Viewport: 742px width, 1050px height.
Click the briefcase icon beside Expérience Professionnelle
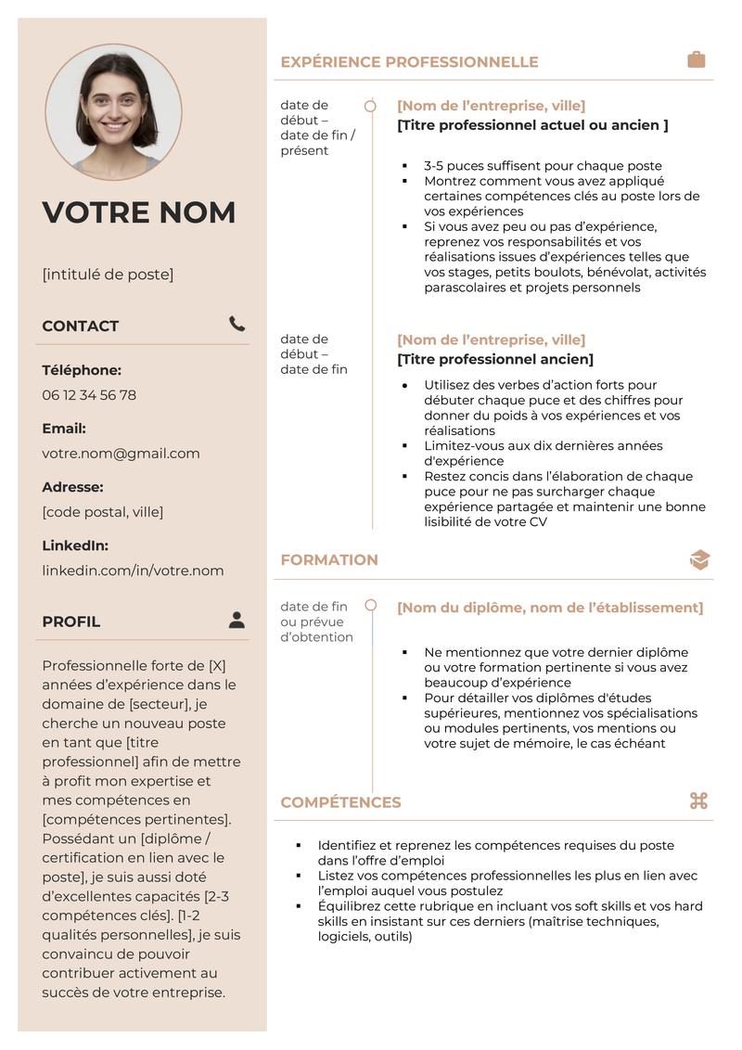696,60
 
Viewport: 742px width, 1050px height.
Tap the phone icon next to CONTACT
237,324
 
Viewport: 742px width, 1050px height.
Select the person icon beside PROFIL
237,620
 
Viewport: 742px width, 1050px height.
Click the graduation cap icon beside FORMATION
699,559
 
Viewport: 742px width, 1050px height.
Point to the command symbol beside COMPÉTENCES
698,800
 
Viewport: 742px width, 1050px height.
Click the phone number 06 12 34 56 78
89,395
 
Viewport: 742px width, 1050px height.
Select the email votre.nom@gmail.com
121,454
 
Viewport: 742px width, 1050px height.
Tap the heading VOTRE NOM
139,212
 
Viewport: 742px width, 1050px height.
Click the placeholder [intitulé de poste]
108,275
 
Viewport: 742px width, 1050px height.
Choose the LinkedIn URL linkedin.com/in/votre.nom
133,570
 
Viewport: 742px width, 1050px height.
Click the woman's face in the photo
113,100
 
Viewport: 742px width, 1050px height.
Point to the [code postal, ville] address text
102,512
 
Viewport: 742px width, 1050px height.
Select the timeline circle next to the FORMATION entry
371,606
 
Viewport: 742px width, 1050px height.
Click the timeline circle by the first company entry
370,106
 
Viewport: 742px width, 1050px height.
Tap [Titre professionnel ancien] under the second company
495,359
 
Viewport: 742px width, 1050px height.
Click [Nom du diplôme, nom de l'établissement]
550,608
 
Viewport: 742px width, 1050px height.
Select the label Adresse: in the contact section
72,487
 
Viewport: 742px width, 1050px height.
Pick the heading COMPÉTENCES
340,802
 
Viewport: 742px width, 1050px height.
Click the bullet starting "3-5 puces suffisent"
543,166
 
